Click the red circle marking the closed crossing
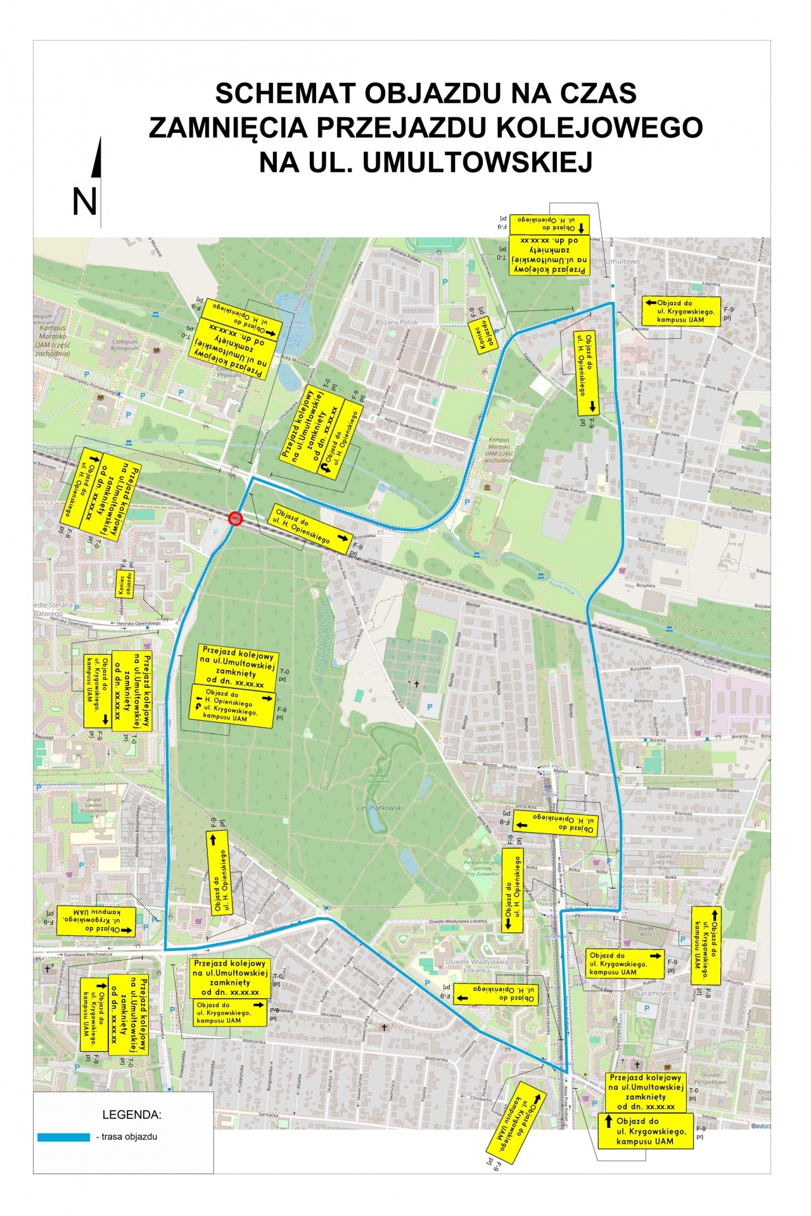point(235,519)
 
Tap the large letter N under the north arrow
point(84,202)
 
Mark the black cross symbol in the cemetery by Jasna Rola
point(416,684)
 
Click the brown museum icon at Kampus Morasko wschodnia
point(487,486)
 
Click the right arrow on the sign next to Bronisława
point(342,537)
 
